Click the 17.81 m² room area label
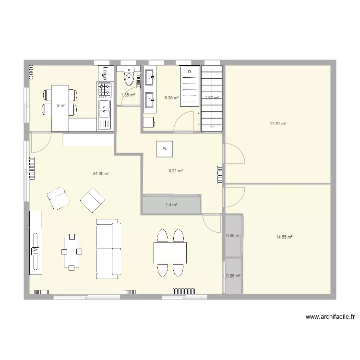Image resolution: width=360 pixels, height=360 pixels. (278, 123)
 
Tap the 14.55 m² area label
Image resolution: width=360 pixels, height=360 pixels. (284, 237)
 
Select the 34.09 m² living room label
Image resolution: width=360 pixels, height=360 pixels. (101, 174)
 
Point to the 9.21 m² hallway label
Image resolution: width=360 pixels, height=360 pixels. (176, 170)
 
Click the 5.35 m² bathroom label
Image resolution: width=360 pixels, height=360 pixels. (171, 98)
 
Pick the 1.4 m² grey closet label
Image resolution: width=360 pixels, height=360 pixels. (171, 205)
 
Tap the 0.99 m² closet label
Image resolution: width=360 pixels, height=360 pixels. (233, 235)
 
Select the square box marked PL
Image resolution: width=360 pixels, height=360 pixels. (165, 149)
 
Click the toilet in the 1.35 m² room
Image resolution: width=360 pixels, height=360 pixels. (129, 76)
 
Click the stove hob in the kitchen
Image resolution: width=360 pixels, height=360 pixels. (105, 89)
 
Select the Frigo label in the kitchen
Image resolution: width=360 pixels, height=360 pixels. (104, 72)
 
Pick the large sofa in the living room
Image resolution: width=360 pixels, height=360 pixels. (108, 249)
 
